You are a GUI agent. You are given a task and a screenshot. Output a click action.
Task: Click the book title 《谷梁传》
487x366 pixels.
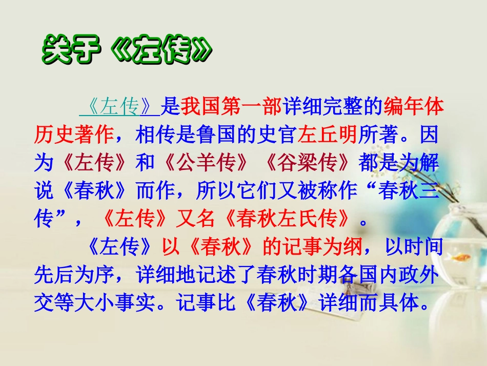tap(306, 163)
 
